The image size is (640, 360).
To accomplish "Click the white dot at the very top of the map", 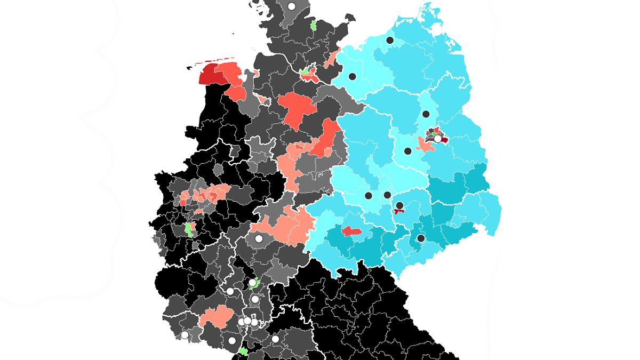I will (291, 6).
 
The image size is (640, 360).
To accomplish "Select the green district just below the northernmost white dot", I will (314, 25).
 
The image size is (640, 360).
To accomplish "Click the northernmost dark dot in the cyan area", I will (390, 40).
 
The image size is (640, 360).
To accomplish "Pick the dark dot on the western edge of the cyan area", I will (353, 76).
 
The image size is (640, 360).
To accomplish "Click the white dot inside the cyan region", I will (438, 139).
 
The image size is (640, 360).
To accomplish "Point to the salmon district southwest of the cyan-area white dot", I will (425, 145).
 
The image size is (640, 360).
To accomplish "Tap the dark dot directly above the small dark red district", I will (399, 205).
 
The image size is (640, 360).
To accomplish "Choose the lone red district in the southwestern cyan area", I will (351, 231).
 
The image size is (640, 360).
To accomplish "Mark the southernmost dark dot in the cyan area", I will (421, 238).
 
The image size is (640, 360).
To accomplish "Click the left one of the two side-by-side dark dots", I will (368, 196).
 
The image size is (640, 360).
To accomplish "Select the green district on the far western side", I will (188, 230).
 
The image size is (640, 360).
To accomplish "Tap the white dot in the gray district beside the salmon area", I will (259, 238).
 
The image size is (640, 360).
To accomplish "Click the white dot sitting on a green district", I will (252, 283).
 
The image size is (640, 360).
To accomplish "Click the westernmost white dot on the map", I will (185, 335).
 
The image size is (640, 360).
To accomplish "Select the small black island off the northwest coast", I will (189, 68).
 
